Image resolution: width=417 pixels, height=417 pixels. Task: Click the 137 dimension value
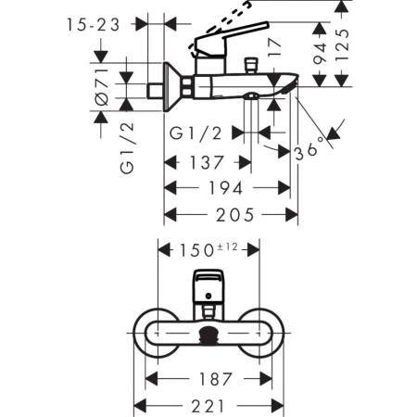pos(206,162)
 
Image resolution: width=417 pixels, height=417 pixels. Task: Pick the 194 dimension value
pos(226,189)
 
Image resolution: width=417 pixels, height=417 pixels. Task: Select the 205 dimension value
pos(231,216)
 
